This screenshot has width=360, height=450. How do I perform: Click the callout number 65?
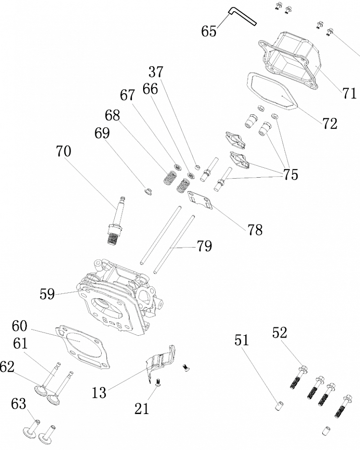pos(209,31)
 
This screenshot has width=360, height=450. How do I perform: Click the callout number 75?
pos(291,175)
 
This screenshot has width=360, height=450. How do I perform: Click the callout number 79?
pos(204,246)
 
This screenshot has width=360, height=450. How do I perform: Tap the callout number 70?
pos(63,151)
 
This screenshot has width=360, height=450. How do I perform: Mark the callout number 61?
pos(20,344)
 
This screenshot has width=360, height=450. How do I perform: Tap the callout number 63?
pos(19,404)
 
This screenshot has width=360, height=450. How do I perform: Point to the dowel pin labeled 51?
pos(279,403)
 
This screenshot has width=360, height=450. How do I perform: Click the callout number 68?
pos(112,115)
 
